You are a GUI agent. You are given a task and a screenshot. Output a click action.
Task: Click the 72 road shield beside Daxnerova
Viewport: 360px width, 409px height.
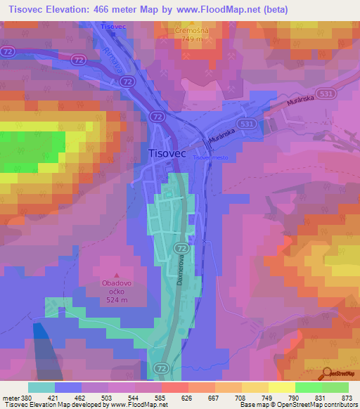pyautogui.click(x=181, y=249)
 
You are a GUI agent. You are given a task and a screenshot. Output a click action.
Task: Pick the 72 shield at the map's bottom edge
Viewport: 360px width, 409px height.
pyautogui.click(x=162, y=368)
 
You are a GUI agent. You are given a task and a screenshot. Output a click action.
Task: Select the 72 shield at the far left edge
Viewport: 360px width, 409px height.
pyautogui.click(x=8, y=52)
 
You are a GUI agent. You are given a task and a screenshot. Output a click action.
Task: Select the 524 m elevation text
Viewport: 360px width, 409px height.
pyautogui.click(x=113, y=300)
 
